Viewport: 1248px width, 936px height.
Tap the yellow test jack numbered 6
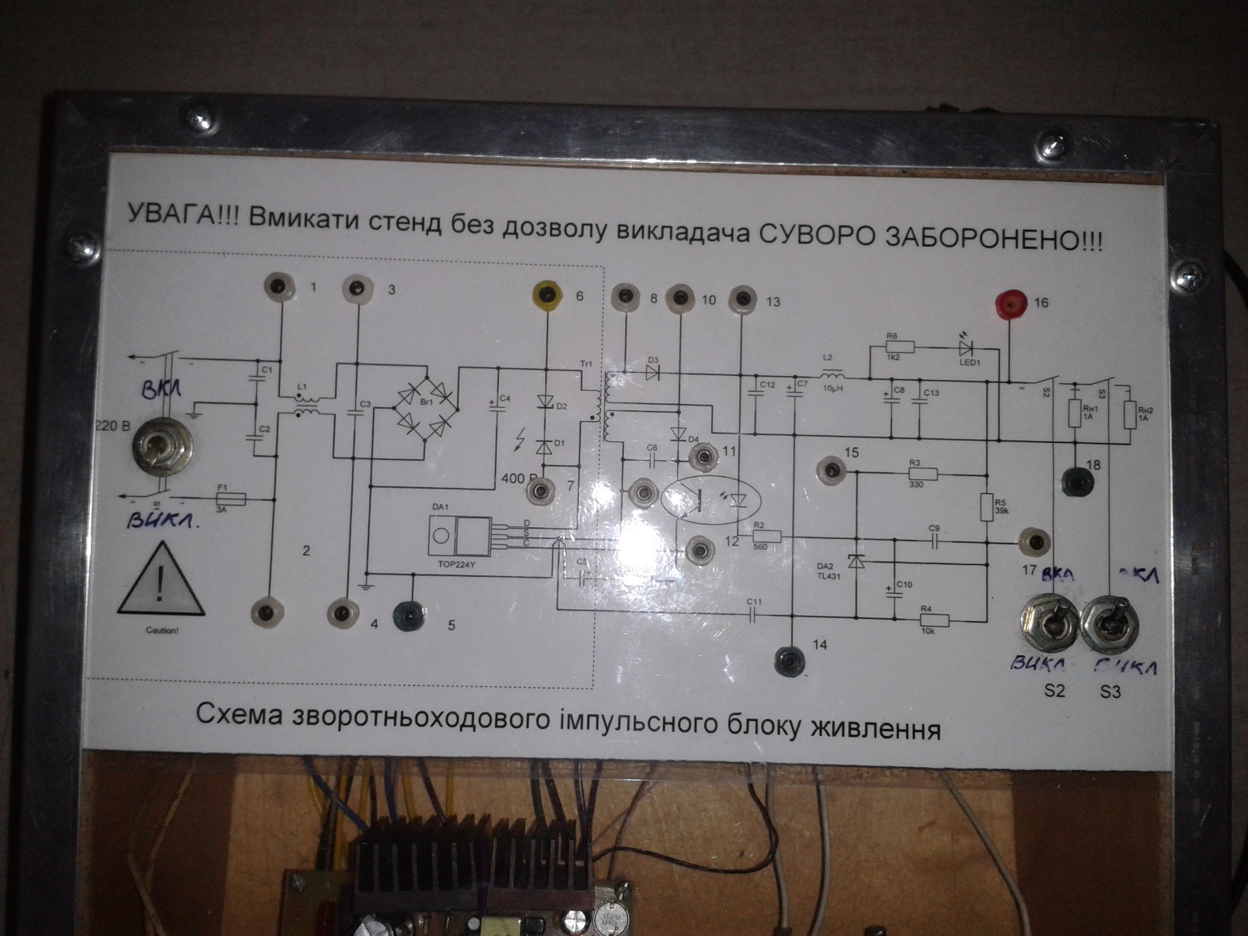click(548, 295)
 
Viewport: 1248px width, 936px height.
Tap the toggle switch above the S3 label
click(1109, 623)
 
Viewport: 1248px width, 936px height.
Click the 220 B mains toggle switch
click(161, 447)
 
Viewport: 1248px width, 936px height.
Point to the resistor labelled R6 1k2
click(899, 347)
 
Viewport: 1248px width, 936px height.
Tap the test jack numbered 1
click(279, 288)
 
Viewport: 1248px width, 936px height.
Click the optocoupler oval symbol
click(711, 499)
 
